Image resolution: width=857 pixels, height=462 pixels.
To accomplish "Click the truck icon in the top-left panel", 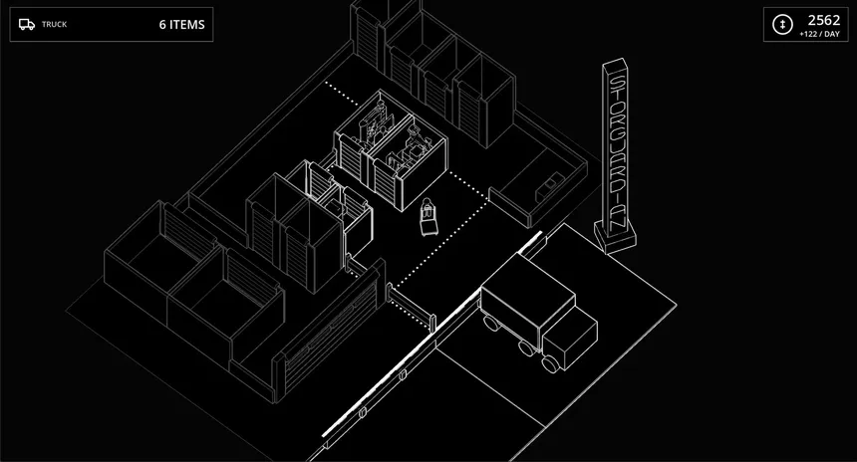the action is click(26, 24).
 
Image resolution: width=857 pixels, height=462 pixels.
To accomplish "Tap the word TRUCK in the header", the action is click(54, 24).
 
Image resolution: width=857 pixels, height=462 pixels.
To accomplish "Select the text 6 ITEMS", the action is click(182, 25).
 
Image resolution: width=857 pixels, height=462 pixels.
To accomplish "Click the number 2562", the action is click(824, 20).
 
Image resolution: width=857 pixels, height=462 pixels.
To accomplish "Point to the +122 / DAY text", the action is click(819, 34).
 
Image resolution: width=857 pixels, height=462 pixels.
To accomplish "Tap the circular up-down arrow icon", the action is click(782, 25).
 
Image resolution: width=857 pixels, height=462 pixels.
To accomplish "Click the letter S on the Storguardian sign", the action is click(616, 84).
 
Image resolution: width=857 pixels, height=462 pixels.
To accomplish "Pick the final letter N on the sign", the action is click(618, 221).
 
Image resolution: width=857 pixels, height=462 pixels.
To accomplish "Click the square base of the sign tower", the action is click(616, 237).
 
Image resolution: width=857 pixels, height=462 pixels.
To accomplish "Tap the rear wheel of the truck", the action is click(491, 324).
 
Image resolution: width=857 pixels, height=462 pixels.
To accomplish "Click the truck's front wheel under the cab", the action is click(550, 364).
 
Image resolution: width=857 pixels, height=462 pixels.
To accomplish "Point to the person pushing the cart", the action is click(427, 207).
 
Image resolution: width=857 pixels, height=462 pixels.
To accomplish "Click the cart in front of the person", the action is click(428, 224).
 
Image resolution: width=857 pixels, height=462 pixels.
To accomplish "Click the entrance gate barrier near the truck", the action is click(411, 306).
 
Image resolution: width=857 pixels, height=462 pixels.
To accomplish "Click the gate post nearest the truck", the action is click(432, 324).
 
